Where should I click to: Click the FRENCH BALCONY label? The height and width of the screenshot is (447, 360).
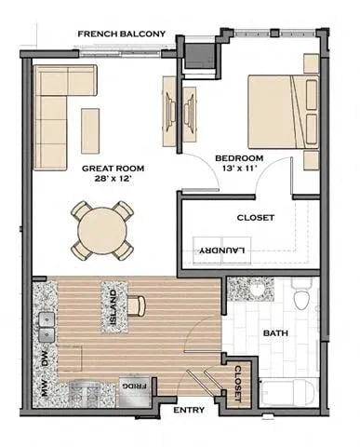[x=122, y=34]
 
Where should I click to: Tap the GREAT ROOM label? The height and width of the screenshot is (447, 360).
[x=112, y=169]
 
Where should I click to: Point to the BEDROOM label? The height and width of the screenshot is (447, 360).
[x=240, y=158]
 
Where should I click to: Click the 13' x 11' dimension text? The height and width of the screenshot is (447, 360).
[x=240, y=171]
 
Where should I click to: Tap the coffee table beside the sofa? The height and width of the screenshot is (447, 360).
[x=90, y=125]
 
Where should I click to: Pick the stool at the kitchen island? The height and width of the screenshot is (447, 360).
[x=139, y=304]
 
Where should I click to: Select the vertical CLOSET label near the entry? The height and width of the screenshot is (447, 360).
[x=237, y=383]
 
